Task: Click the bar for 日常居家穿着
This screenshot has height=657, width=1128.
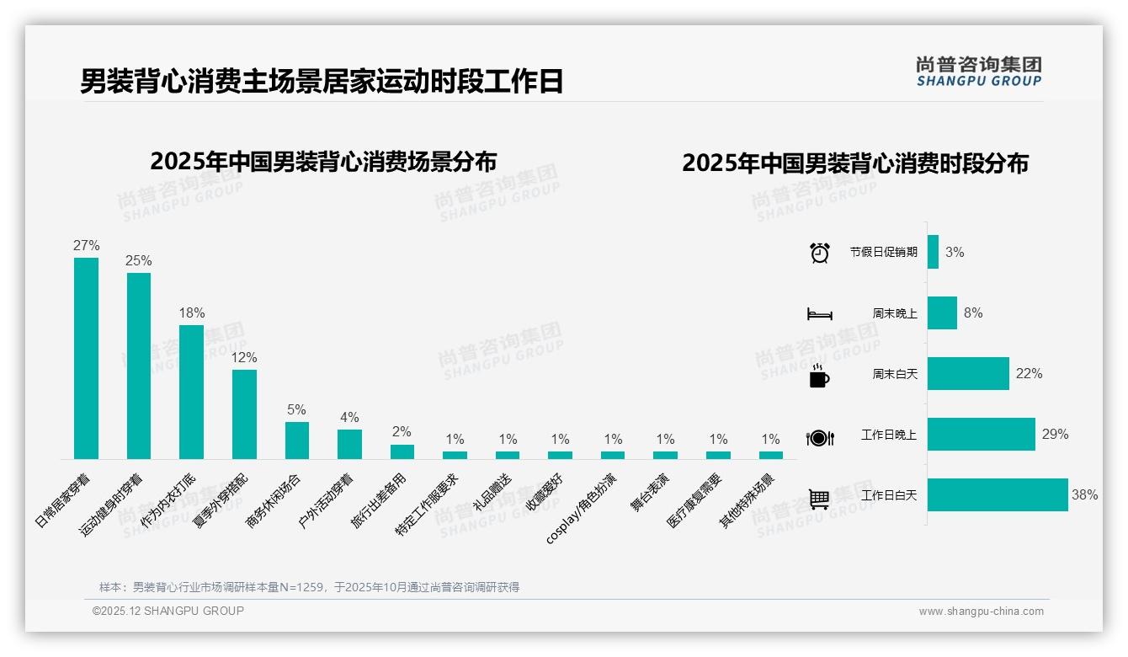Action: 86,358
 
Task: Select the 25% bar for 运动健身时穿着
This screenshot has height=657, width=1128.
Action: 139,366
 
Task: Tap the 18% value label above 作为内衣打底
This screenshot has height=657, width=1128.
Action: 192,312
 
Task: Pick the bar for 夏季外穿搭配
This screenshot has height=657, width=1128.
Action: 244,414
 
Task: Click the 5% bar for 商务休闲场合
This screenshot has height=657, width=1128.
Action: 297,440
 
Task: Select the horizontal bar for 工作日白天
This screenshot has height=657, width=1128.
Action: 998,495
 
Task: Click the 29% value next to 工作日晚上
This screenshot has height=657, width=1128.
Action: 1055,434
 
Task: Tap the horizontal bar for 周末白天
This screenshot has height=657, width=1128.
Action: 968,373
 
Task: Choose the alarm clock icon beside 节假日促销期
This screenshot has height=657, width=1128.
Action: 820,253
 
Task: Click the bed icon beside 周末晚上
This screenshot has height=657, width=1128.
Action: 820,314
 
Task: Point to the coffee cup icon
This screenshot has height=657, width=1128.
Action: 819,377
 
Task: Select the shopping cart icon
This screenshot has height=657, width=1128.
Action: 819,499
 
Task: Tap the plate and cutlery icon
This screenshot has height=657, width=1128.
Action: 820,438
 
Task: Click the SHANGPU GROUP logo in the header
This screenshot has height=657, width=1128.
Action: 978,72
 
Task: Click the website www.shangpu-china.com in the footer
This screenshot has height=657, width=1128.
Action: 981,612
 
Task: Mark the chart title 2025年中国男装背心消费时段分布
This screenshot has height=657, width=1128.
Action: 855,163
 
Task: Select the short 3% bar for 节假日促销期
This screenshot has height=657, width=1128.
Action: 933,252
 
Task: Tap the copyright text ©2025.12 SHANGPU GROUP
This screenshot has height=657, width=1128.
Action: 168,611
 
